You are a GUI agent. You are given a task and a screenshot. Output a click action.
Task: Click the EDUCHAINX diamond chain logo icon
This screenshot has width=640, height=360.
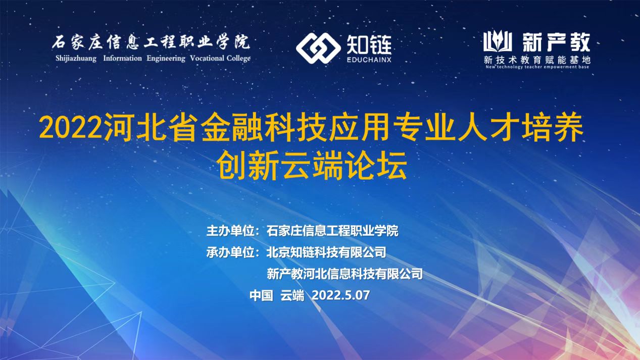(318, 48)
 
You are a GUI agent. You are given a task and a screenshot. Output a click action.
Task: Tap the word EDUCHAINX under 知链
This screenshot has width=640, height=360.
(369, 60)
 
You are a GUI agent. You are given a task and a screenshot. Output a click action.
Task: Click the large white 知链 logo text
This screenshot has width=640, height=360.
(369, 44)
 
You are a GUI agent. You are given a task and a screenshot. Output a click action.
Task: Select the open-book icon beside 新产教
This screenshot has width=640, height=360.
(498, 41)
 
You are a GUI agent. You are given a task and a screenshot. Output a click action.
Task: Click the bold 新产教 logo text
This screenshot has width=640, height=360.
(556, 42)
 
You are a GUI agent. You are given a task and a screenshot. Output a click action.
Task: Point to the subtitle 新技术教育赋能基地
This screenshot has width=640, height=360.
(537, 60)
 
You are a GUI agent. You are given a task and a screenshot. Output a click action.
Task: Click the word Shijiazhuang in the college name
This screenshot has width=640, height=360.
(76, 59)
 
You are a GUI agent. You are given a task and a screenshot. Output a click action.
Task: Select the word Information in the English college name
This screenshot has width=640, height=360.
(122, 58)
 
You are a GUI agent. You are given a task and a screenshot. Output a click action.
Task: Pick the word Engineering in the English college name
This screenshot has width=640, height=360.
(166, 59)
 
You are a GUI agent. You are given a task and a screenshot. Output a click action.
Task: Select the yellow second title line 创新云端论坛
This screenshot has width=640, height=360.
(311, 165)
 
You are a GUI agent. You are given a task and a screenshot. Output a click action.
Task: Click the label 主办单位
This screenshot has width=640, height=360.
(230, 231)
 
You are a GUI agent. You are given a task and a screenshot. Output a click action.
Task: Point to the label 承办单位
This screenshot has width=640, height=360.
(230, 252)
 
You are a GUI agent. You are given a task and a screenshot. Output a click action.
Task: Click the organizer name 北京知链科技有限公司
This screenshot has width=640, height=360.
(326, 252)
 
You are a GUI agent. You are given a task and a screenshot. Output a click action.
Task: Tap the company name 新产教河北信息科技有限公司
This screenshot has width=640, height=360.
(344, 274)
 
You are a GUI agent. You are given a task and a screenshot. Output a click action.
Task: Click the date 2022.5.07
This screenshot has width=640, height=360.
(341, 295)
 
